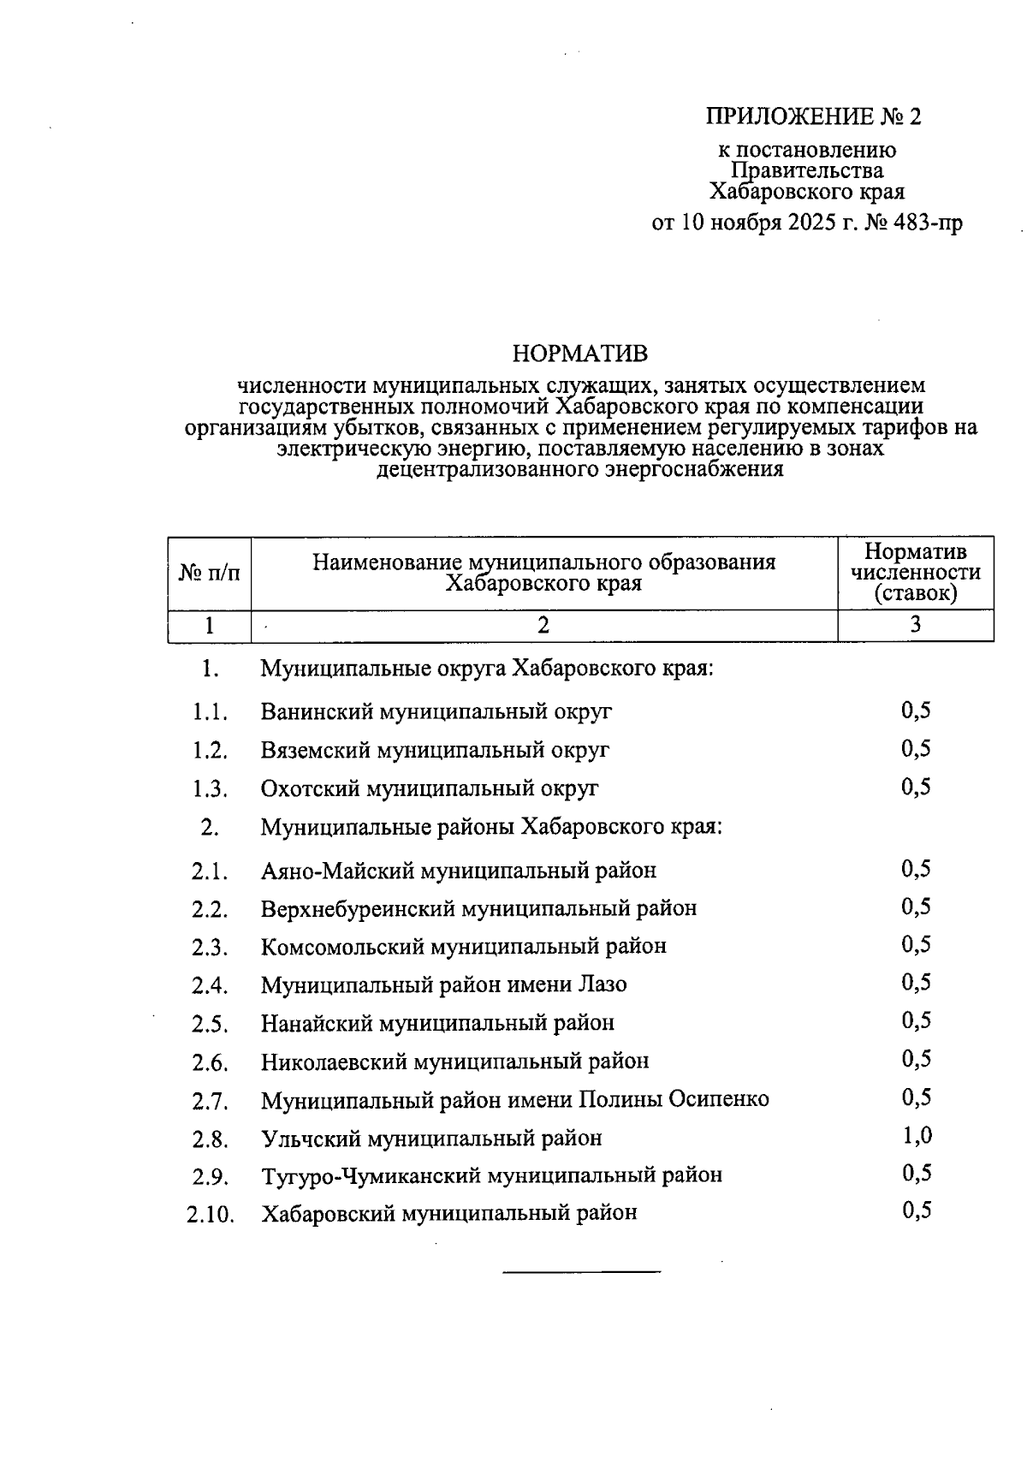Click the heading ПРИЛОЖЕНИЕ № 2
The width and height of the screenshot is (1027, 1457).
813,116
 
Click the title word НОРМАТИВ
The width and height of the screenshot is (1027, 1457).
579,354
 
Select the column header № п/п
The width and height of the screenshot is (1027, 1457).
209,574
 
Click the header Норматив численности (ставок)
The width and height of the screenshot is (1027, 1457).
915,572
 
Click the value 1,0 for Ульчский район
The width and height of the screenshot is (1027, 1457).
916,1136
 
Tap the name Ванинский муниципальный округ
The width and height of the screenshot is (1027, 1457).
436,711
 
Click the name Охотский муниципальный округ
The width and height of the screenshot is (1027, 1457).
430,788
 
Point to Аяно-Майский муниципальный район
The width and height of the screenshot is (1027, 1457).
459,871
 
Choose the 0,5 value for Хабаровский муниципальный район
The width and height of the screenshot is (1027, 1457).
916,1210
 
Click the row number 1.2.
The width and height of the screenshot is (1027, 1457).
210,751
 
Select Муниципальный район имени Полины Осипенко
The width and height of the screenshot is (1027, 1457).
514,1099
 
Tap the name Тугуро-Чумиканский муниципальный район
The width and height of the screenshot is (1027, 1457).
491,1175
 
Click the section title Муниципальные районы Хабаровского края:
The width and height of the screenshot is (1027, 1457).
491,827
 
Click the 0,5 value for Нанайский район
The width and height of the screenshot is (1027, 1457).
916,1020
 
